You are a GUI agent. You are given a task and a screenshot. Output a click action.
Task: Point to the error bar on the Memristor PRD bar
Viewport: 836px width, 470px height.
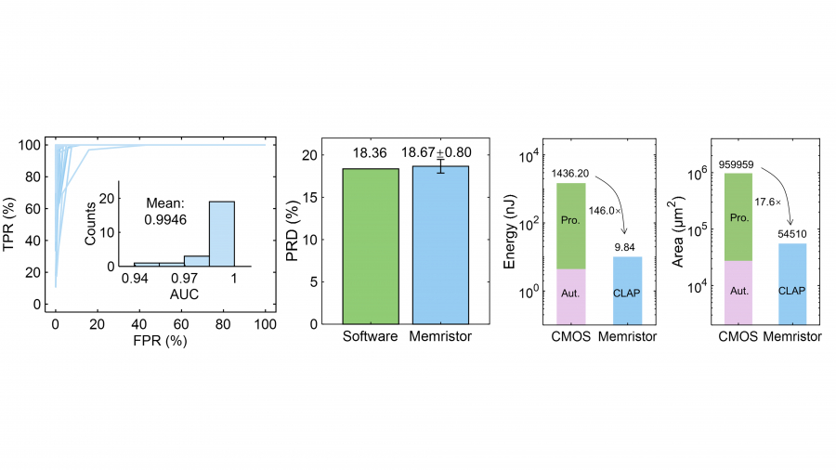(x=440, y=166)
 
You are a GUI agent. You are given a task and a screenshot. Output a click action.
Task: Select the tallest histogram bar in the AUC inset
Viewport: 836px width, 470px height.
(x=221, y=234)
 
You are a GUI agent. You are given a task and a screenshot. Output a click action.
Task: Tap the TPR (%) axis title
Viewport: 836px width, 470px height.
(x=18, y=224)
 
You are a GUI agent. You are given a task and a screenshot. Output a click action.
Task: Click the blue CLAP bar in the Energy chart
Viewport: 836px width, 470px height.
(x=628, y=290)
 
